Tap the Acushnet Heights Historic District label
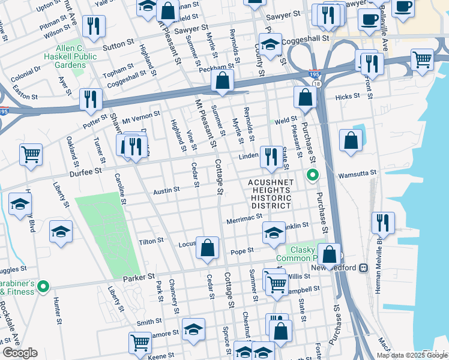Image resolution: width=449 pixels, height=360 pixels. pos(270,194)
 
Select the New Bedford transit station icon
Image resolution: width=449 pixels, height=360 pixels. pos(363,268)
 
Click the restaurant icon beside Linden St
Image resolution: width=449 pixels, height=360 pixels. pos(271,157)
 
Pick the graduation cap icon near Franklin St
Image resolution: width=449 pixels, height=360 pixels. pos(273,232)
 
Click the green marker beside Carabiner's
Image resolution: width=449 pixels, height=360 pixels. pos(43,287)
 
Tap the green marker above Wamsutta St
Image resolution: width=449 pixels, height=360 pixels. pos(312,175)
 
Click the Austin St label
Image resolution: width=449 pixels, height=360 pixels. pos(166,190)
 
